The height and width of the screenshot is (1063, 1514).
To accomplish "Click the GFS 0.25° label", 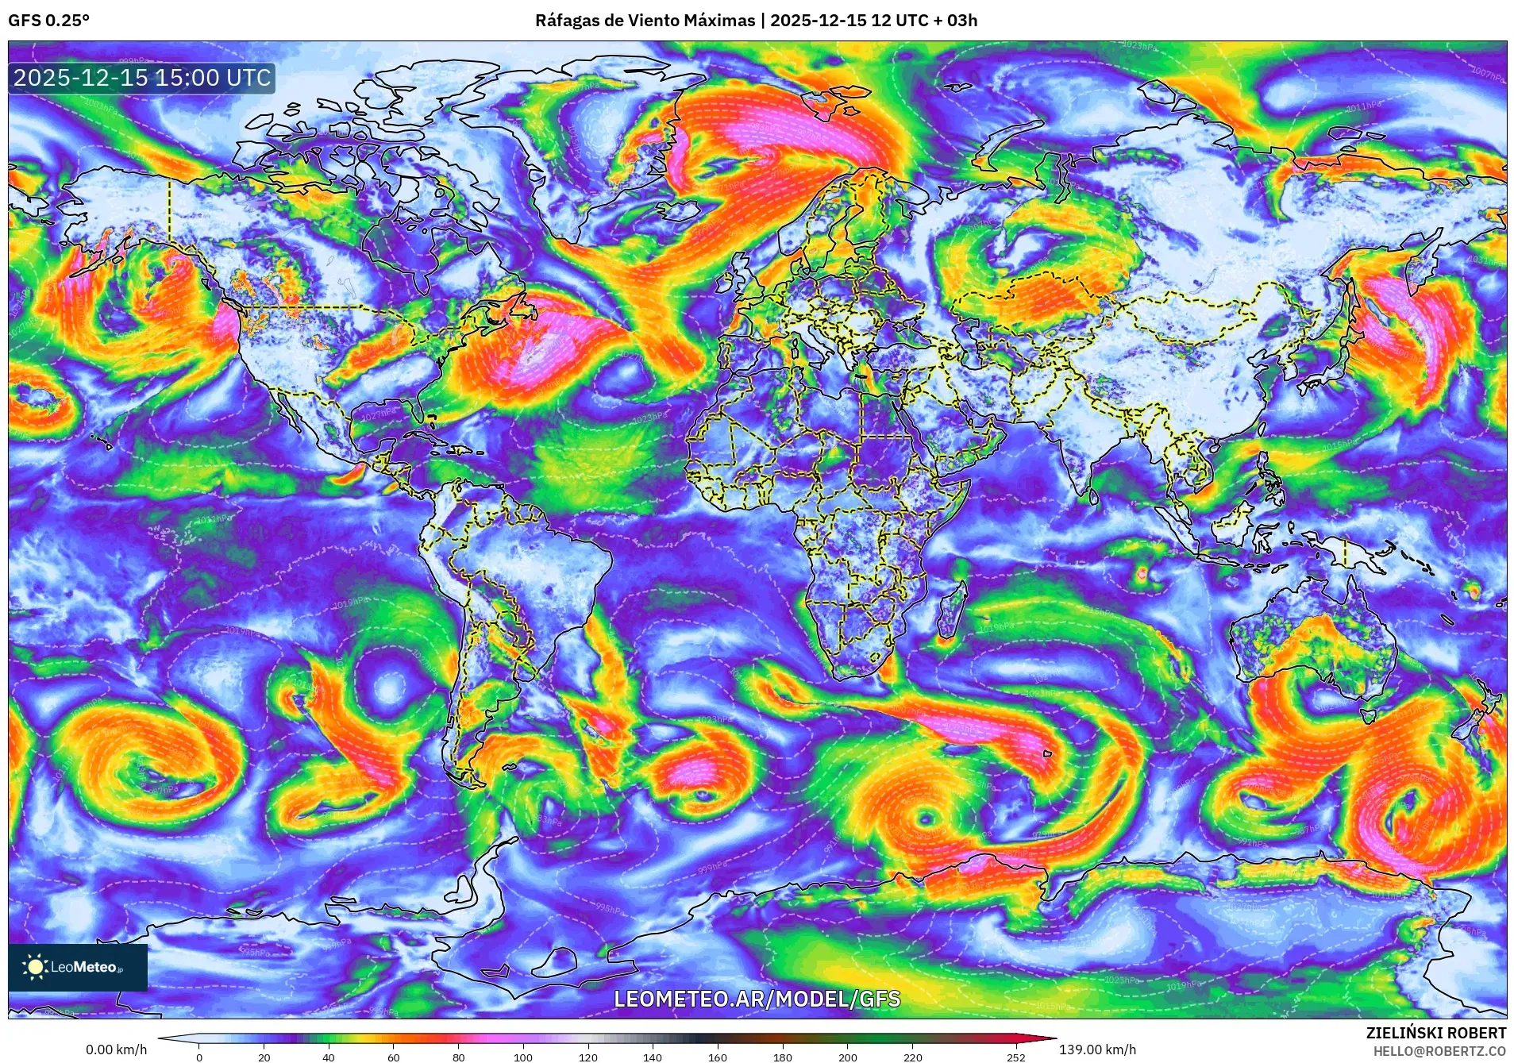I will tap(48, 21).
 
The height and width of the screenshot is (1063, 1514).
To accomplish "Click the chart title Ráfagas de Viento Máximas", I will tap(645, 21).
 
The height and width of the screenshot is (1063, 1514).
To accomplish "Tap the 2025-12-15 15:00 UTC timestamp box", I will tap(142, 78).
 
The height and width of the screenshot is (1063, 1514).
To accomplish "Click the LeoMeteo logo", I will tap(78, 967).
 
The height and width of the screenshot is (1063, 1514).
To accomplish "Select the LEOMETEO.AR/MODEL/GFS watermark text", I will tap(757, 999).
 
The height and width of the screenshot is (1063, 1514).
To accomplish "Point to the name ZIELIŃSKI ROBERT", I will tap(1435, 1033).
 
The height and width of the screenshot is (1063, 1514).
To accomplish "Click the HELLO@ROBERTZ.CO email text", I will tap(1439, 1051).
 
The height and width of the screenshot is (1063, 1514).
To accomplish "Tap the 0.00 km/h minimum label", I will tap(116, 1050).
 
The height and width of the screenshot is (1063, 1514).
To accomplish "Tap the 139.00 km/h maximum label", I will tap(1097, 1050).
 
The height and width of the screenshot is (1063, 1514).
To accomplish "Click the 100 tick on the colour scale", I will tap(522, 1057).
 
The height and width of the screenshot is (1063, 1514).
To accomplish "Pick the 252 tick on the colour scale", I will tap(1016, 1057).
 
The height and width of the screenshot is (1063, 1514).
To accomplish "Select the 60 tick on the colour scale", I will tap(393, 1057).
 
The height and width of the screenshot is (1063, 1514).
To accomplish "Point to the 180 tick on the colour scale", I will tap(782, 1057).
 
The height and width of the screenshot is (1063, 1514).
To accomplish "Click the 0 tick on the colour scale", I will tap(198, 1057).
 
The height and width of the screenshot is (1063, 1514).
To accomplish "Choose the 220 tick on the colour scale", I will tap(912, 1057).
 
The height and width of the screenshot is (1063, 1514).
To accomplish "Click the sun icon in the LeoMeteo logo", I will tap(35, 967).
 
